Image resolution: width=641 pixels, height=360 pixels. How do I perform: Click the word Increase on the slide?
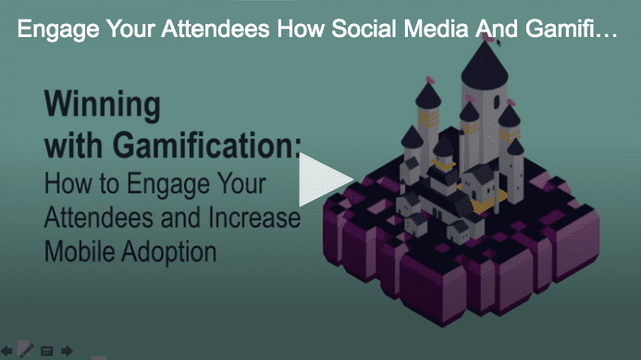tap(249, 218)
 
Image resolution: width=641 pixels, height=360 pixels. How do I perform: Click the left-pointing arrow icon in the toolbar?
tap(7, 351)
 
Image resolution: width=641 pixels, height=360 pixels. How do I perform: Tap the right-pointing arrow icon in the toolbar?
tap(67, 351)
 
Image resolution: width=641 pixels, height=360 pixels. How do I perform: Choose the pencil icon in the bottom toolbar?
tap(26, 350)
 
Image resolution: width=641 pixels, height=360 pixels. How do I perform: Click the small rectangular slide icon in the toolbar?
tap(46, 351)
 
